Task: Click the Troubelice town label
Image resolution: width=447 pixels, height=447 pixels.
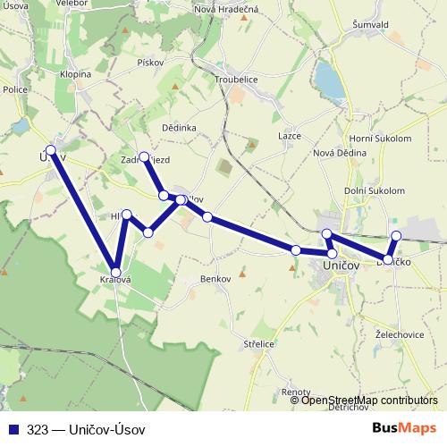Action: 237,78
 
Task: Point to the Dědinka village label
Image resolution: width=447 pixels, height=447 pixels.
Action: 179,128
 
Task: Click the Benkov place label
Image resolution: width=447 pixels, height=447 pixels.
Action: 216,280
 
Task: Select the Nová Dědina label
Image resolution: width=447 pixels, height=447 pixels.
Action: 334,153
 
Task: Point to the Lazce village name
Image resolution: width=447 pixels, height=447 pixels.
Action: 290,135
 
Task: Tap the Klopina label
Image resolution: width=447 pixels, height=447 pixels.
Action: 75,74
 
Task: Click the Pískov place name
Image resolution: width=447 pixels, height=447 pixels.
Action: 150,63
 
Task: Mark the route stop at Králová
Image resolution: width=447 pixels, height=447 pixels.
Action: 115,272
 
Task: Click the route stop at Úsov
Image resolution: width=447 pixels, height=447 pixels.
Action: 51,150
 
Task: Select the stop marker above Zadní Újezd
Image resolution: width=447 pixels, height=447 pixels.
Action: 144,156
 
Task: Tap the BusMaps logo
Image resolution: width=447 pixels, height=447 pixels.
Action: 405,429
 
